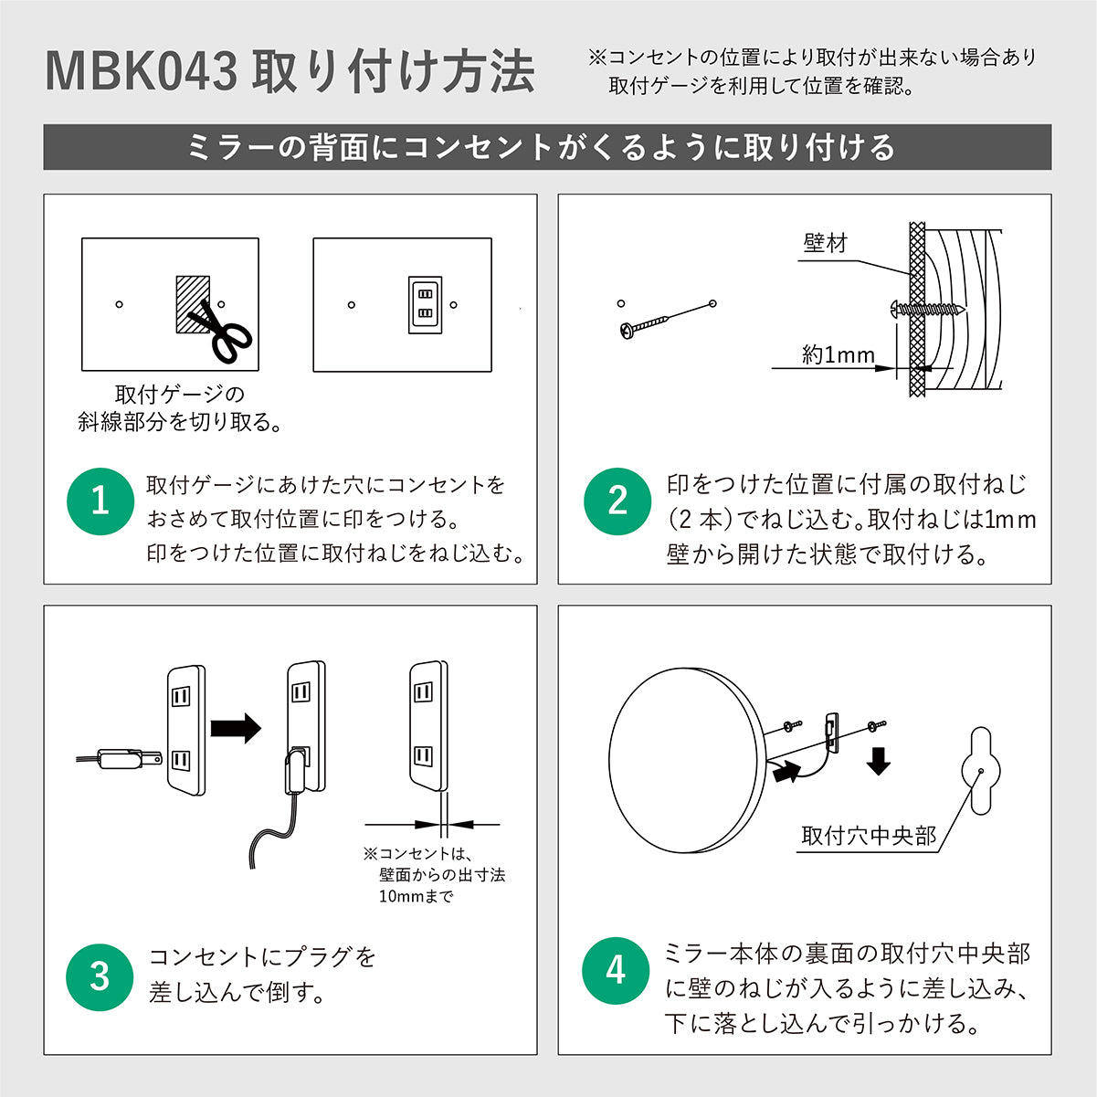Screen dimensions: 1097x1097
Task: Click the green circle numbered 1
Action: [x=100, y=501]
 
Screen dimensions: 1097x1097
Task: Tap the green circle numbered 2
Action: [x=617, y=501]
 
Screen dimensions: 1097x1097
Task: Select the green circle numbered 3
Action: [x=100, y=976]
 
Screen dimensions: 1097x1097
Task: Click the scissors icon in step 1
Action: [x=223, y=332]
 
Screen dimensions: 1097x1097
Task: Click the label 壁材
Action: [x=825, y=243]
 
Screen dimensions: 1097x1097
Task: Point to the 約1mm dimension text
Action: [x=838, y=355]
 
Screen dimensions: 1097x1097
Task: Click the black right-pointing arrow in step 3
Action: [x=236, y=728]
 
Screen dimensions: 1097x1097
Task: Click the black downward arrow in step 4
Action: [x=879, y=760]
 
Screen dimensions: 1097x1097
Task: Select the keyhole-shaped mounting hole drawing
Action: [x=981, y=770]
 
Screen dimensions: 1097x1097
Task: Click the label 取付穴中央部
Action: [x=869, y=836]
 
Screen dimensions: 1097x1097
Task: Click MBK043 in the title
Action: [x=142, y=73]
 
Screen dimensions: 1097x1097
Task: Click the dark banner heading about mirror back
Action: [x=547, y=147]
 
